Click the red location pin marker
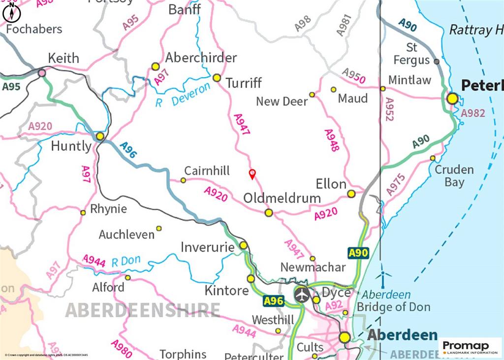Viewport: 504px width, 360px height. click(x=252, y=173)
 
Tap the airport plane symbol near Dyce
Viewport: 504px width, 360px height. click(x=302, y=295)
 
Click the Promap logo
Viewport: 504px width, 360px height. click(x=470, y=347)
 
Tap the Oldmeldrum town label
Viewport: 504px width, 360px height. click(x=282, y=198)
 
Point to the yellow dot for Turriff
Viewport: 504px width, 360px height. click(x=217, y=78)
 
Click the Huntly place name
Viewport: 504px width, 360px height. click(x=71, y=146)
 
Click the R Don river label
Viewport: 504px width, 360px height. click(x=126, y=261)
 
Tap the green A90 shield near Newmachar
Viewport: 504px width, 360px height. click(x=358, y=253)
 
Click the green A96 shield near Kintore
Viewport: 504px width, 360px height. click(x=273, y=300)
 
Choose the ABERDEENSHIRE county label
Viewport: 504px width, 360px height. click(x=142, y=310)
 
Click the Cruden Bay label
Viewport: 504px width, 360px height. click(x=454, y=176)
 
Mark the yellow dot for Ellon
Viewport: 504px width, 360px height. click(x=351, y=194)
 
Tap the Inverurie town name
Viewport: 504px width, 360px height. click(x=207, y=247)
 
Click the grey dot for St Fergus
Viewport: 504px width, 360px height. click(x=437, y=62)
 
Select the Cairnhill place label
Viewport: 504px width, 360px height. click(x=207, y=171)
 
